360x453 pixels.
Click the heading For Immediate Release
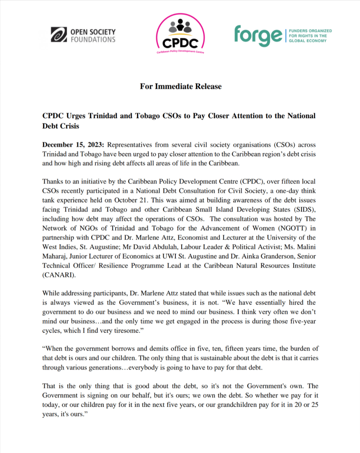tap(181, 86)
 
